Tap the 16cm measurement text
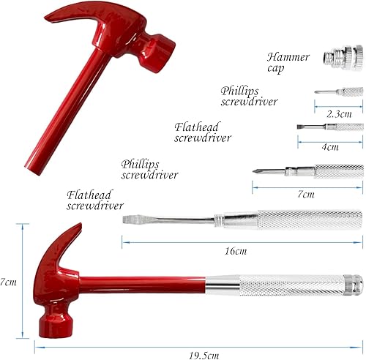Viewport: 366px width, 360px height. coord(235,251)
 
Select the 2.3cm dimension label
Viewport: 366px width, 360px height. coord(338,114)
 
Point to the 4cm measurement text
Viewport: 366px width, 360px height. coord(331,146)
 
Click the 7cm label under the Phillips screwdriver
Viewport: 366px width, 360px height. coord(305,195)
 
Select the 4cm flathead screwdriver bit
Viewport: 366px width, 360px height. coord(329,127)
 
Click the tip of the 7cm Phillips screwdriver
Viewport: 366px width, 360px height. coord(258,172)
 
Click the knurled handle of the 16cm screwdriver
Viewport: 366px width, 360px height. coord(307,219)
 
